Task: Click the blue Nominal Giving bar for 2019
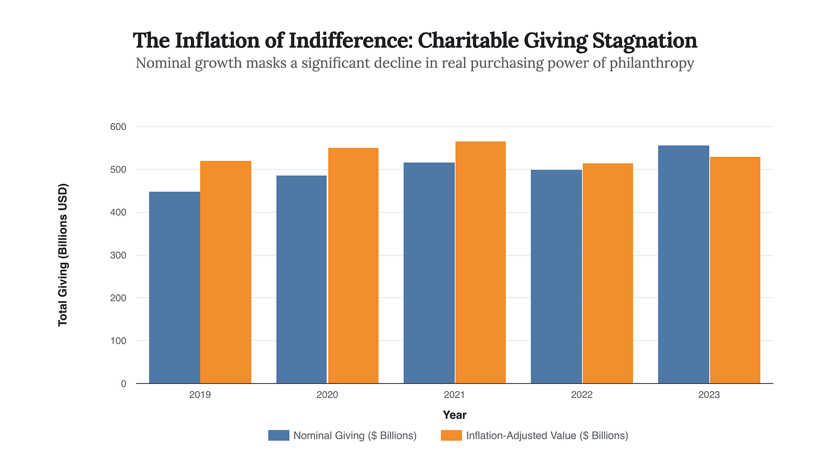174,287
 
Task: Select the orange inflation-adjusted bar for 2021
480,262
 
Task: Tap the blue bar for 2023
683,265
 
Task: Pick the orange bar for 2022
608,274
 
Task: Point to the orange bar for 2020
353,266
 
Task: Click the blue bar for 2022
556,277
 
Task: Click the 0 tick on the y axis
123,384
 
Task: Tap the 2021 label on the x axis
454,395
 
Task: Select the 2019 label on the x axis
200,395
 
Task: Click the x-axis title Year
454,415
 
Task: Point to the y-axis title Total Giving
63,255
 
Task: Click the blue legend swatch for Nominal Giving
279,436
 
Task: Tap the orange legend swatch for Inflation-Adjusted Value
451,436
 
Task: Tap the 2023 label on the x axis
709,395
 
